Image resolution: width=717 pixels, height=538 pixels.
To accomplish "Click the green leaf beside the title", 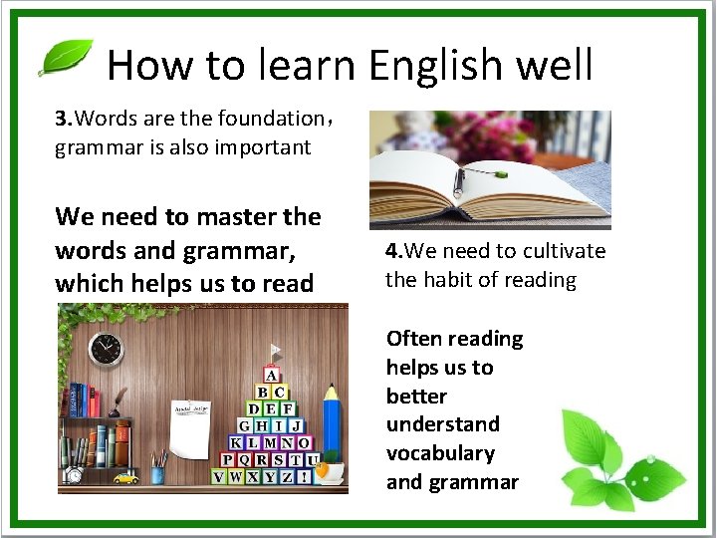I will (x=65, y=57).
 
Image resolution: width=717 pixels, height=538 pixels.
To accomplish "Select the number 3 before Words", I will (x=61, y=120).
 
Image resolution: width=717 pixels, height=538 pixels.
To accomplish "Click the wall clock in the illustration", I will (x=105, y=349).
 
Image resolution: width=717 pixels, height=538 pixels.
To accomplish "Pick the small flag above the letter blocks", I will (x=276, y=353).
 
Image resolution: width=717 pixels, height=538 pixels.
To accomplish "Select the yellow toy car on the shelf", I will (x=125, y=478).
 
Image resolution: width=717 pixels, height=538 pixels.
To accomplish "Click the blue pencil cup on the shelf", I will (x=157, y=472).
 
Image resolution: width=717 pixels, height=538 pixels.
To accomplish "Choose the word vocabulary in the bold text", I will (x=440, y=453).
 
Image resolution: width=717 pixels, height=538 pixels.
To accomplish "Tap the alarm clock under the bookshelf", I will (x=75, y=475).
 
